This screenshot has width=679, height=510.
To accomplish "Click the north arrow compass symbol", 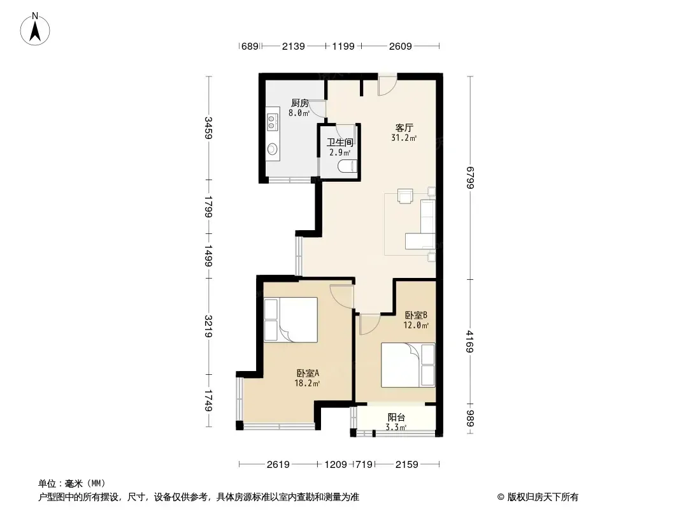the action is pos(35,29).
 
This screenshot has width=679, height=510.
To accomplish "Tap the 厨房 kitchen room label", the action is pos(299,103).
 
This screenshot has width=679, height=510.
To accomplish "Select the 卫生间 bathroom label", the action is pos(340,142).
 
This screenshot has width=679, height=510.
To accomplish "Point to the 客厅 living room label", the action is pos(404,128).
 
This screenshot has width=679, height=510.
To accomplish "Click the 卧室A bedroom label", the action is pos(308,373).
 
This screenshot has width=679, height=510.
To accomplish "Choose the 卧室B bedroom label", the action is pos(416,315).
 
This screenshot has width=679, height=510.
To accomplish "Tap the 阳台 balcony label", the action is pos(396,418).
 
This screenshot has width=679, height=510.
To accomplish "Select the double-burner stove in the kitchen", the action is pos(272,122).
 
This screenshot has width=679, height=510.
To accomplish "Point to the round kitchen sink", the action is pos(272,149).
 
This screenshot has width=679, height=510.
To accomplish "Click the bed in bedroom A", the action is pos(291,320).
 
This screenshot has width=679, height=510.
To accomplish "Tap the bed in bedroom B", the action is pos(408,365).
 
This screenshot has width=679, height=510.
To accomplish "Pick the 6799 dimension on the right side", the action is pos(471,178).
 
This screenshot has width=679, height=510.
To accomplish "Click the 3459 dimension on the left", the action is pos(209,128).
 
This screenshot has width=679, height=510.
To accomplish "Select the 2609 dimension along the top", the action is pos(400,46).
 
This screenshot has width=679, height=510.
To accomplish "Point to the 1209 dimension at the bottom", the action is pos(336,465).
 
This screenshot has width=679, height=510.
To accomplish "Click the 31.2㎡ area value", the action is pos(404,138).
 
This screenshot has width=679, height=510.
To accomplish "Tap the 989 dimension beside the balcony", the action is pos(471,419).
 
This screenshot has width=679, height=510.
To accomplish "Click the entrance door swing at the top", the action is pos(387,85).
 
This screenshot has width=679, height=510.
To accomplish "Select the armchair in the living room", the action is pos(405,196).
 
